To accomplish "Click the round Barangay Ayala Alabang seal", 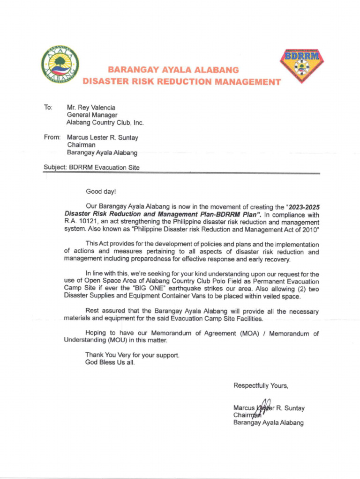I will (60, 64).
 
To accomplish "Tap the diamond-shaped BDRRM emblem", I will (302, 65).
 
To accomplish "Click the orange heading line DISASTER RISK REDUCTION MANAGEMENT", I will (181, 82).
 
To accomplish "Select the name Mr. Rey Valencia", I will (92, 107).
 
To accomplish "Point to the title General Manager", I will (92, 115).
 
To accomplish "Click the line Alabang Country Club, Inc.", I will (105, 123).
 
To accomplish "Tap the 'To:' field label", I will (48, 107).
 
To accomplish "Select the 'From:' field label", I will (52, 138).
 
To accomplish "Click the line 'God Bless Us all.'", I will (110, 363).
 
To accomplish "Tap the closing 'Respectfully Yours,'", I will (261, 386).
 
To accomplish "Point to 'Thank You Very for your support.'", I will (132, 356).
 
